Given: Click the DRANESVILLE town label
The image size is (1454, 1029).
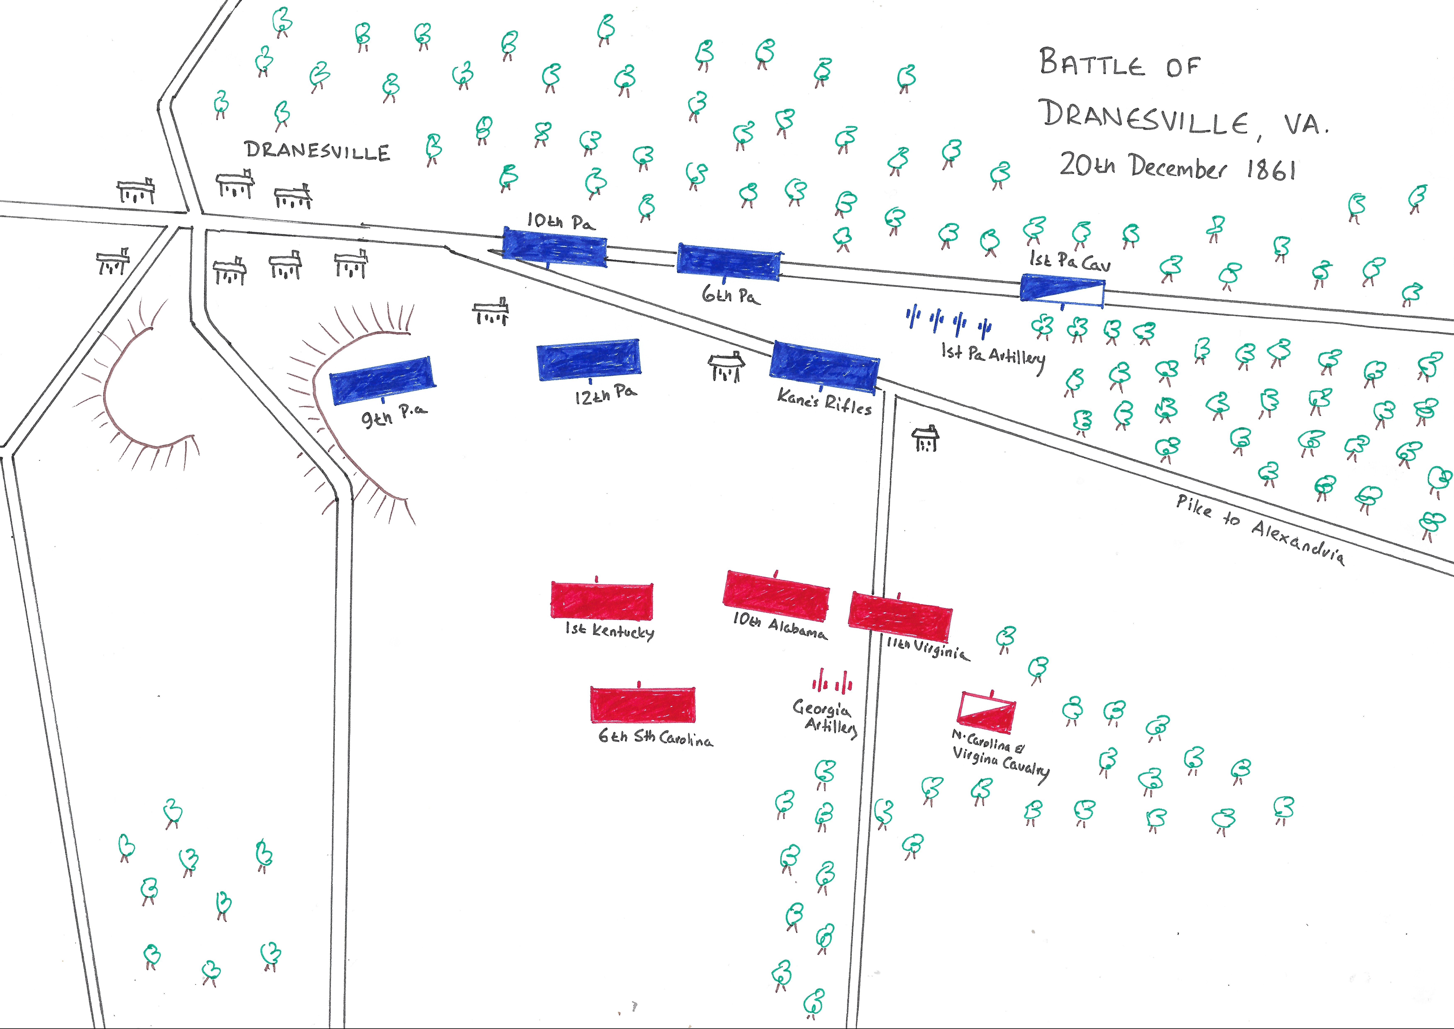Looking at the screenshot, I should pos(317,151).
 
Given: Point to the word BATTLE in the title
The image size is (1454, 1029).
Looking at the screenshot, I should pos(1092,63).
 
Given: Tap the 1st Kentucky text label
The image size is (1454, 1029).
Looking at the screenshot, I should pos(610,631).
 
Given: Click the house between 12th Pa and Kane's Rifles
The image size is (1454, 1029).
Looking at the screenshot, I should pos(726,367).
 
